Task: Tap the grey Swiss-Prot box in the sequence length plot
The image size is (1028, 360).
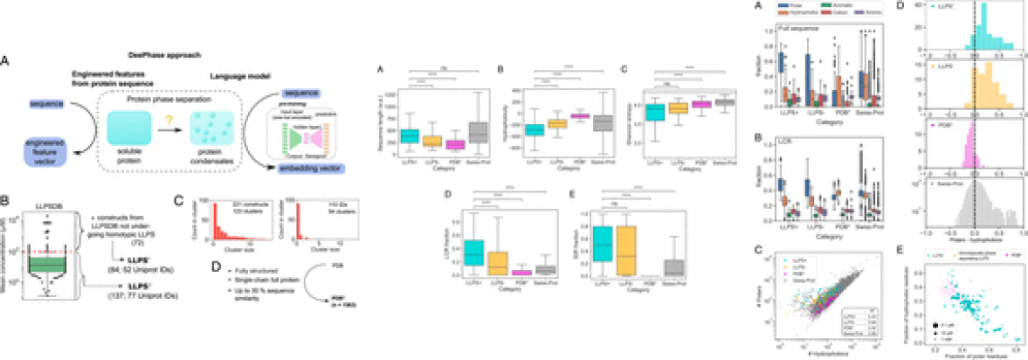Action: [480, 131]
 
